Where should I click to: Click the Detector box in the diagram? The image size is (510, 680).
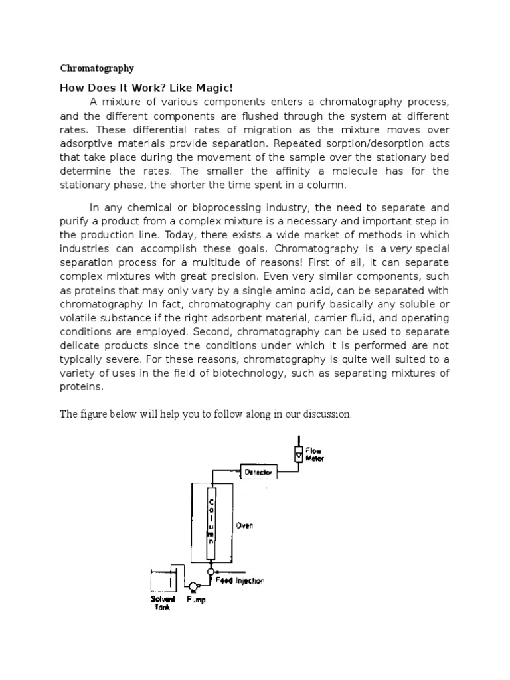[x=257, y=472]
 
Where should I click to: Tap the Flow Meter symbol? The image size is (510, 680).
[x=297, y=453]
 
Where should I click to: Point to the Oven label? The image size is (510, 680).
[x=244, y=525]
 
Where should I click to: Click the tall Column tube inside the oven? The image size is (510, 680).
[x=211, y=524]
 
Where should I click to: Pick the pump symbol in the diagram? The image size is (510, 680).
[x=193, y=586]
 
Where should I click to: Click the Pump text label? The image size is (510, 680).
[x=196, y=600]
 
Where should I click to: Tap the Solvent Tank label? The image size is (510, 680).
[x=162, y=603]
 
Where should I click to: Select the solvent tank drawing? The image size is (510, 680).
[x=163, y=580]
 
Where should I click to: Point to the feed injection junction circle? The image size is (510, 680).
[x=211, y=570]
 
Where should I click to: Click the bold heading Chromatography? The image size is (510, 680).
[x=97, y=68]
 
